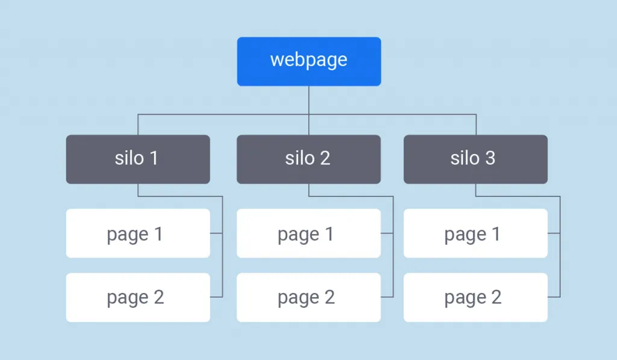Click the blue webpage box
click(x=309, y=62)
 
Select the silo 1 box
click(x=138, y=159)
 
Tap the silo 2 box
click(x=309, y=159)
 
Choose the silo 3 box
click(x=476, y=159)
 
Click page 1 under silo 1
click(x=138, y=233)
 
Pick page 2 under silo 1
click(x=138, y=297)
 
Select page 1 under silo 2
click(x=309, y=233)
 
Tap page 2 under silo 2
click(x=309, y=297)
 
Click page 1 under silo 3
click(x=476, y=233)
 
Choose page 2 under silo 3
click(x=476, y=297)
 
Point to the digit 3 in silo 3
click(x=490, y=159)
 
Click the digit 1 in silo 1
click(x=154, y=159)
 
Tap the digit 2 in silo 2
click(x=325, y=159)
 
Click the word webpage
click(x=309, y=60)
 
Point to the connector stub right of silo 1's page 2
click(x=216, y=297)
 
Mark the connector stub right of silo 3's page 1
click(x=554, y=233)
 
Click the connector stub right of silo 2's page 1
click(x=387, y=233)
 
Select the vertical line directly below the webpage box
click(x=309, y=110)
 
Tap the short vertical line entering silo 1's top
click(x=138, y=124)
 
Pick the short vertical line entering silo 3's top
click(x=476, y=124)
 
